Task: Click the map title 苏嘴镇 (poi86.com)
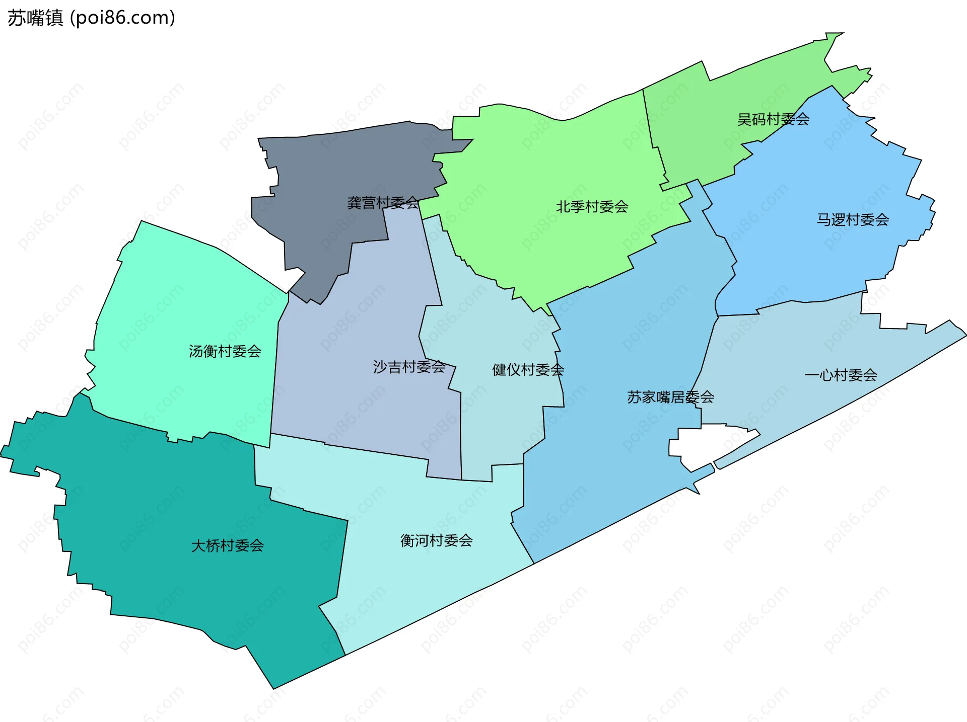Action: coord(91,18)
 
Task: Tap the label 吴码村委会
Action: coord(773,119)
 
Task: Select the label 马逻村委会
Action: coord(853,219)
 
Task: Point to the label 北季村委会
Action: coord(592,206)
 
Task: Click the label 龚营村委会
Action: coord(383,203)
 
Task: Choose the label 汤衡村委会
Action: coord(225,351)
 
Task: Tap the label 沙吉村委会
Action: coord(409,367)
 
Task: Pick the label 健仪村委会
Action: coord(528,370)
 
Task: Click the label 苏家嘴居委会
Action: coord(670,397)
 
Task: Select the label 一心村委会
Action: coord(841,375)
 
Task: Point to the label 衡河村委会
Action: coord(436,540)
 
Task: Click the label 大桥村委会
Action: coord(227,545)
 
